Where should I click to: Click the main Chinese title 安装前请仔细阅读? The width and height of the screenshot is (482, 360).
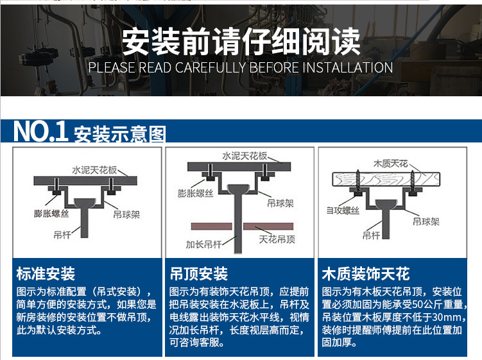pos(241,42)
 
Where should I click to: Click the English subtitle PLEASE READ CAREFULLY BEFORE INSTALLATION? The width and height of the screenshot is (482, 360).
pos(241,67)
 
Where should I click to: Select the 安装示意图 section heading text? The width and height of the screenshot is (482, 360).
pos(120,135)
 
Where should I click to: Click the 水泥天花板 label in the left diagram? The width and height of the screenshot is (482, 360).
pos(94,170)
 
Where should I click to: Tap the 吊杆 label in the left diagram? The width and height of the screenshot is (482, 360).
pos(63,236)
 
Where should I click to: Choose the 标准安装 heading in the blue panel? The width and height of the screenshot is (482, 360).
pos(46,275)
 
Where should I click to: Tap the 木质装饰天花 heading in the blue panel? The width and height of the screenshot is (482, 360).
pos(365,275)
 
